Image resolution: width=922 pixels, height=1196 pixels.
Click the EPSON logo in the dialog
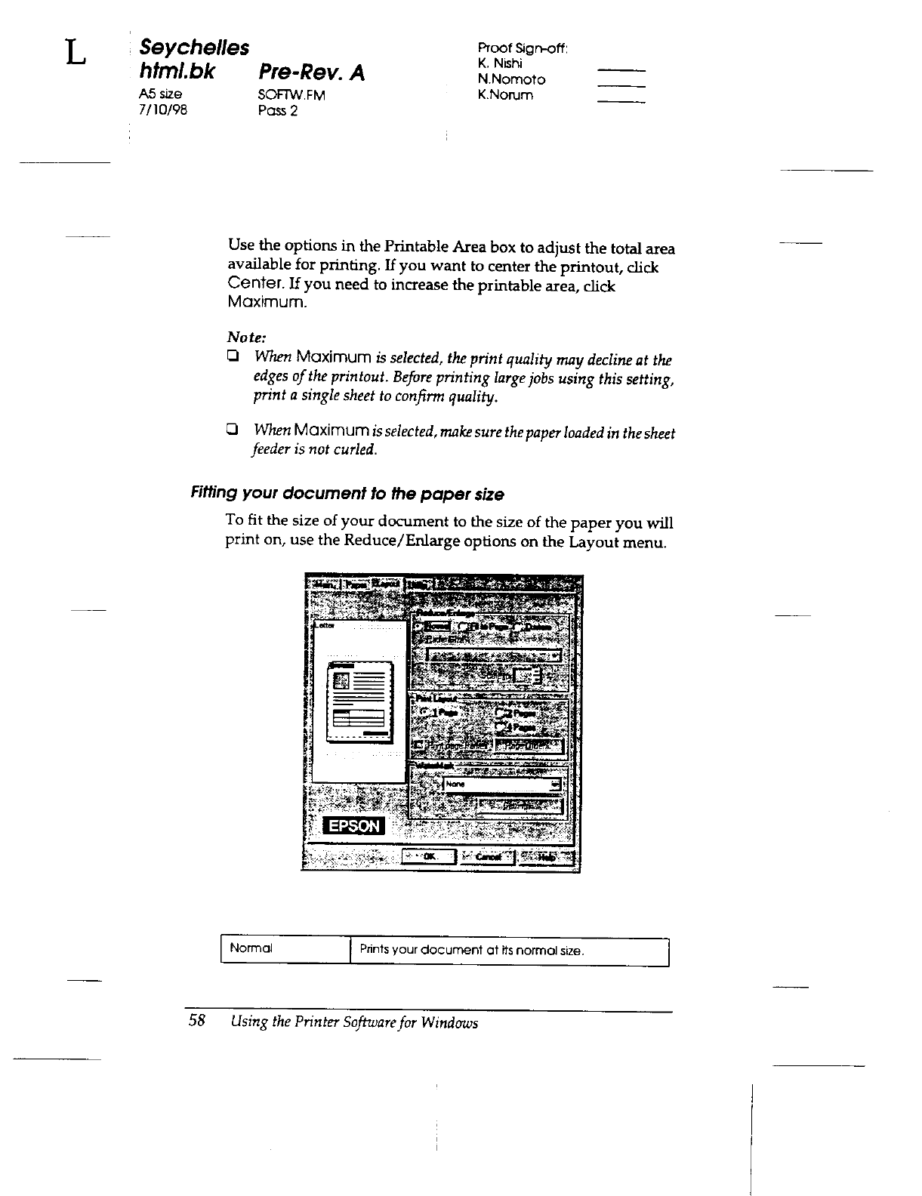tap(353, 826)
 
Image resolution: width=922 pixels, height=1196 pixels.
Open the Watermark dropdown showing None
tap(557, 784)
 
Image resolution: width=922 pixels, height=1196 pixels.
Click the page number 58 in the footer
tap(197, 1021)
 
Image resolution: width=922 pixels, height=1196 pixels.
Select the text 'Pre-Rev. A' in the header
tap(311, 72)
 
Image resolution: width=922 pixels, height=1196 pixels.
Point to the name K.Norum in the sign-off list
tap(505, 95)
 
